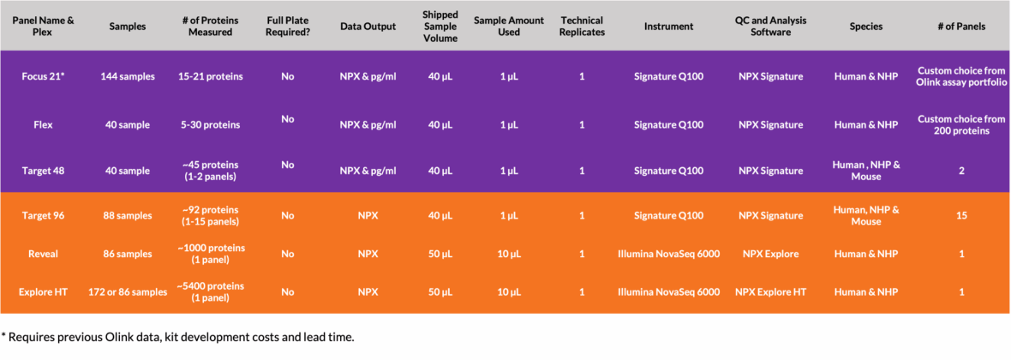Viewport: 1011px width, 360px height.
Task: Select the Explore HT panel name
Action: point(43,292)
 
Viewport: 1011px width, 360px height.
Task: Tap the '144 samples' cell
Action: point(128,77)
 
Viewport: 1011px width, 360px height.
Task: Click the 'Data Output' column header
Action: point(368,27)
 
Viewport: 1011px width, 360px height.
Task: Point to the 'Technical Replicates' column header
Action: point(583,27)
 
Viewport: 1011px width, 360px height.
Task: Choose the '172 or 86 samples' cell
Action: point(128,292)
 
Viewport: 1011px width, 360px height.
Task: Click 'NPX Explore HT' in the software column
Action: point(771,292)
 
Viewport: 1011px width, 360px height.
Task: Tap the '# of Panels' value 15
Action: point(961,215)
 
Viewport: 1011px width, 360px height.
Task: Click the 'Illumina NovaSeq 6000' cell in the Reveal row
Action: point(668,255)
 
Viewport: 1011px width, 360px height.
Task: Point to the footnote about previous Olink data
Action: point(177,338)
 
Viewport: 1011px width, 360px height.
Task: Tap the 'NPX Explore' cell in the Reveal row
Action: point(771,255)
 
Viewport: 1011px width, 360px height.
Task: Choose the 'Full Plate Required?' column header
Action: point(288,27)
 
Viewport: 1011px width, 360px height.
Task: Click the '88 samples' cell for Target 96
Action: point(128,215)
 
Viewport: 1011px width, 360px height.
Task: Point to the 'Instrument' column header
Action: point(668,27)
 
